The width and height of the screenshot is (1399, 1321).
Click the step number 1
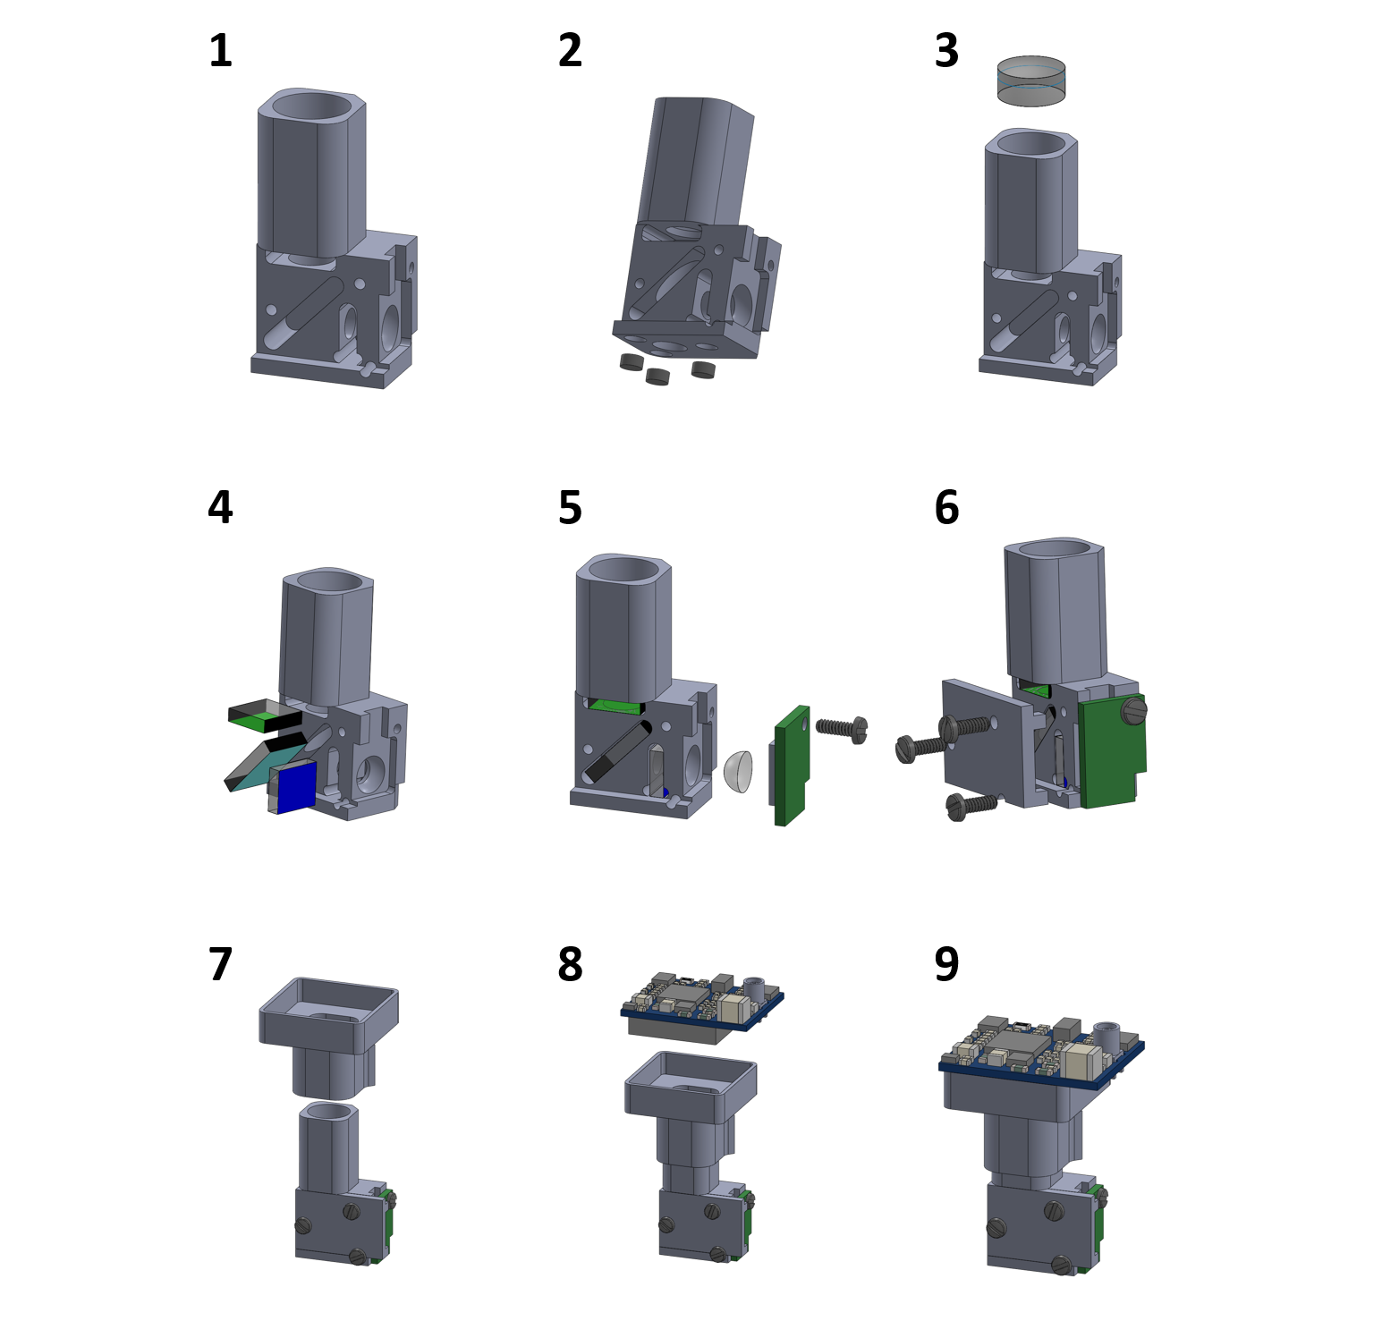[x=220, y=51]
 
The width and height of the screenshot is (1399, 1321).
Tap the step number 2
[x=570, y=51]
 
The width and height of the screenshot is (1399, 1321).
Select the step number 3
[x=946, y=51]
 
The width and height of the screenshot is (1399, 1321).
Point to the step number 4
[x=220, y=508]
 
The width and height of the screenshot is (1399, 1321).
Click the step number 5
[x=570, y=508]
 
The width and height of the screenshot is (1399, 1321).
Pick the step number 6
[x=946, y=508]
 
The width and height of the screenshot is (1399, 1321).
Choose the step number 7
[x=220, y=965]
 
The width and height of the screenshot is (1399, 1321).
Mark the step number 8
[x=570, y=965]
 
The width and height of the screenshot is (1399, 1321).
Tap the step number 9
[x=946, y=965]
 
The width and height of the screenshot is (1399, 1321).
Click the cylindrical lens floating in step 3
[x=1031, y=81]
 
